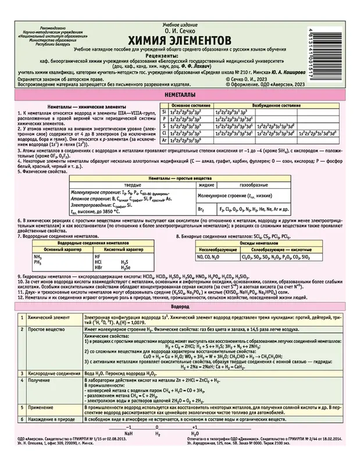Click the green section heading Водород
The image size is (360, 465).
tap(180, 305)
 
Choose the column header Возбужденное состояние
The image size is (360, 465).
tap(270, 108)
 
